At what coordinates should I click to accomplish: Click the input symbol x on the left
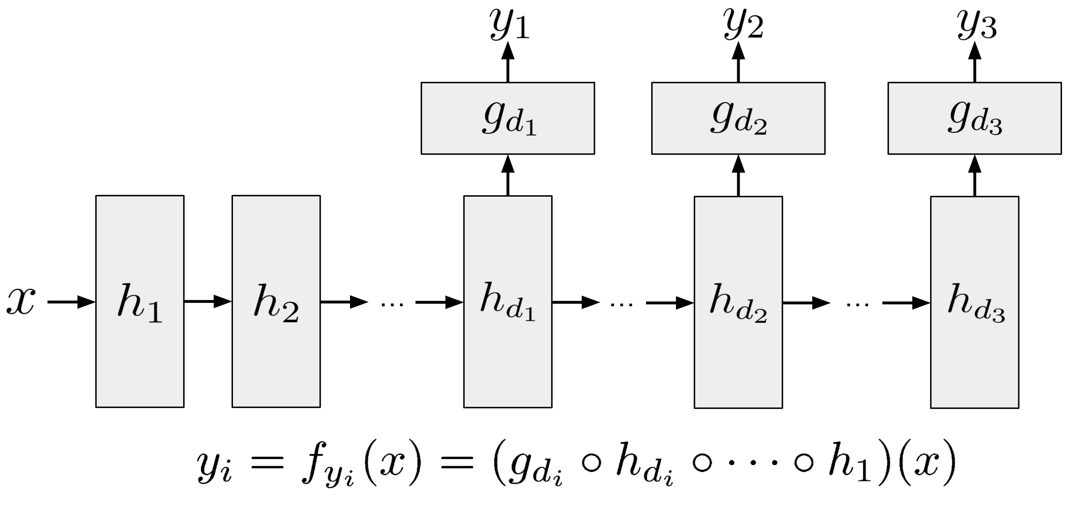tap(21, 301)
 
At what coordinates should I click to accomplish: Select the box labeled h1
tap(140, 301)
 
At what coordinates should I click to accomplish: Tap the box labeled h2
tap(276, 301)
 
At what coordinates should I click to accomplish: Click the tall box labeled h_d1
tap(508, 302)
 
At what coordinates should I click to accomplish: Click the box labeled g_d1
tap(508, 118)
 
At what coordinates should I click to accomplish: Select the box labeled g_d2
tap(738, 118)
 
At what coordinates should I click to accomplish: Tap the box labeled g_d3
tap(975, 118)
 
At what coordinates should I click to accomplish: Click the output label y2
tap(743, 25)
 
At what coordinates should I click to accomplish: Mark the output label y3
tap(977, 25)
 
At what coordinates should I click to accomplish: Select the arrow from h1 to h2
tap(208, 301)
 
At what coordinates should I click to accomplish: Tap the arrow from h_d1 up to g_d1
tap(508, 175)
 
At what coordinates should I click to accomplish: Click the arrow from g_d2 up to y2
tap(738, 62)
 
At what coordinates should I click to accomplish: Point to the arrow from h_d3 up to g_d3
tap(975, 175)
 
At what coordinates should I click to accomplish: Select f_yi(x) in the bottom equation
tap(361, 465)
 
